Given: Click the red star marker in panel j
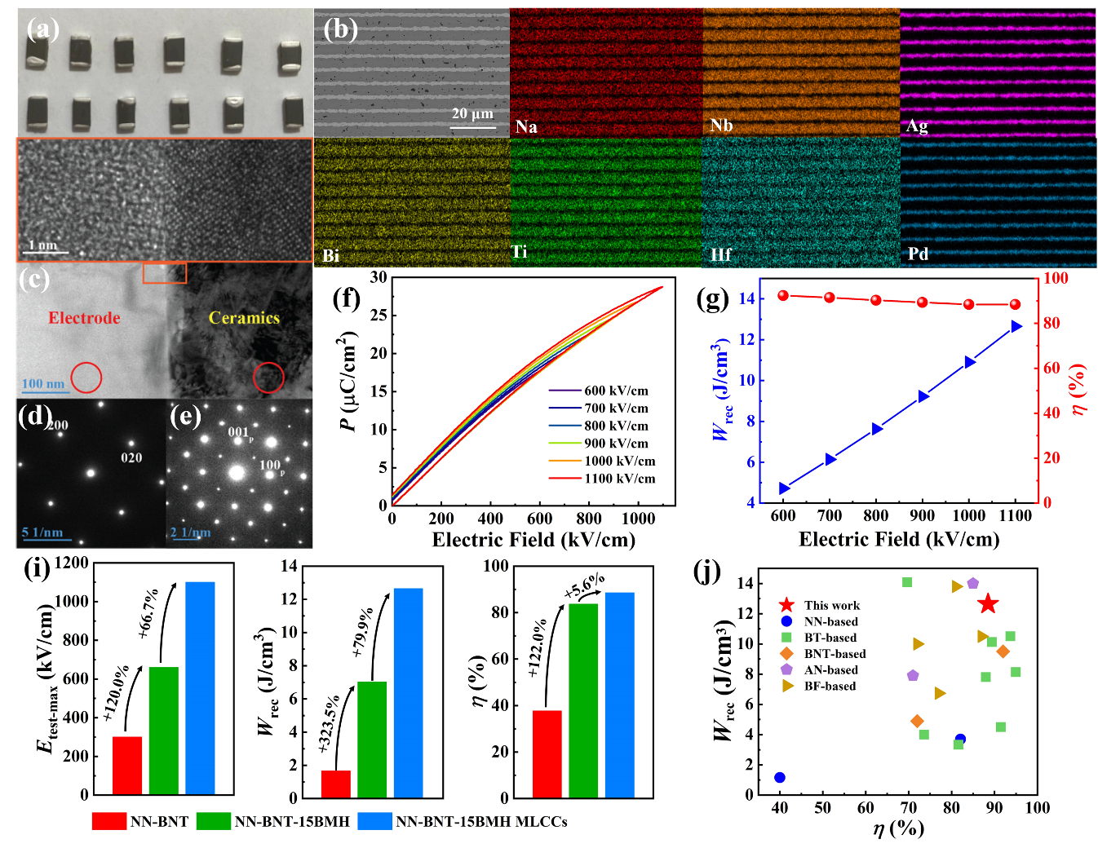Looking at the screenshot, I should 988,604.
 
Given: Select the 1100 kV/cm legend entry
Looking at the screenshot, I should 619,479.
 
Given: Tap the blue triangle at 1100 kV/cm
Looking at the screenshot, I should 1016,326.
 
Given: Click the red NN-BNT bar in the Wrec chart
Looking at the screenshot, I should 335,784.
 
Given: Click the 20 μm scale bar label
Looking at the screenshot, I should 472,113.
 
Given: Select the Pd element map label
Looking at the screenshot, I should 918,254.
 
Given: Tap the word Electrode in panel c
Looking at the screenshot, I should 84,318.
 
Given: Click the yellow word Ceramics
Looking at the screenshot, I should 244,318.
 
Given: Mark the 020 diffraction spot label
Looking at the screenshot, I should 131,457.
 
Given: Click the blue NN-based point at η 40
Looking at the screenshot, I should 780,778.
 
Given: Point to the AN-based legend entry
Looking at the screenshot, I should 830,670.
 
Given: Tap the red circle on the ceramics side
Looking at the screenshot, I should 268,378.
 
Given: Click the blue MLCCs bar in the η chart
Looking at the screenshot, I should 619,695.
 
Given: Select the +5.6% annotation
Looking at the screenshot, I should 584,585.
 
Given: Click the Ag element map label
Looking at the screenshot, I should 917,126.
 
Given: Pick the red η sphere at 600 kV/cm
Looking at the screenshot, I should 783,295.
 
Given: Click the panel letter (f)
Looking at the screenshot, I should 347,298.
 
